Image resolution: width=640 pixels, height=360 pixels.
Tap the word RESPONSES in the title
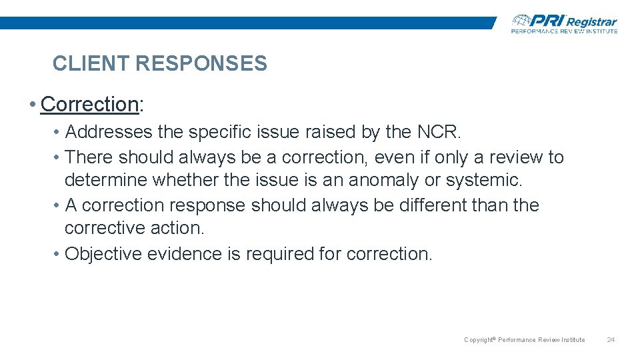201,64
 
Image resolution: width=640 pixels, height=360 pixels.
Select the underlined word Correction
89,104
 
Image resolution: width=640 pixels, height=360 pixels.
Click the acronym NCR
438,133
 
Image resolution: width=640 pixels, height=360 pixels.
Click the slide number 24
611,340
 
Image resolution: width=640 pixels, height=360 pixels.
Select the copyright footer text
524,340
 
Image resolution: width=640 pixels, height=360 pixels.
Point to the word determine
106,181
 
